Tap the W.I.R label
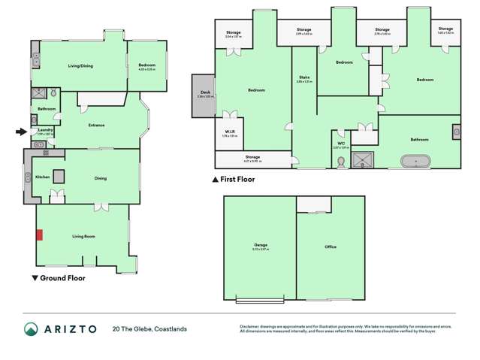click(229, 133)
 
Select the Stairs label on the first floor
click(304, 77)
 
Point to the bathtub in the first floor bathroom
click(415, 161)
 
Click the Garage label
click(261, 246)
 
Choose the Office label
click(331, 247)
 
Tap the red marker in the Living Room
click(40, 235)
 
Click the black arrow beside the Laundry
click(21, 132)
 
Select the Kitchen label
click(42, 177)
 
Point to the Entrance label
click(96, 126)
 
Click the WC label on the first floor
click(341, 143)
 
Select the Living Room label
click(83, 237)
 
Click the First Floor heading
click(237, 180)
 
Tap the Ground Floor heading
click(62, 278)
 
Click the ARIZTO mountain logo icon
click(31, 328)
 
